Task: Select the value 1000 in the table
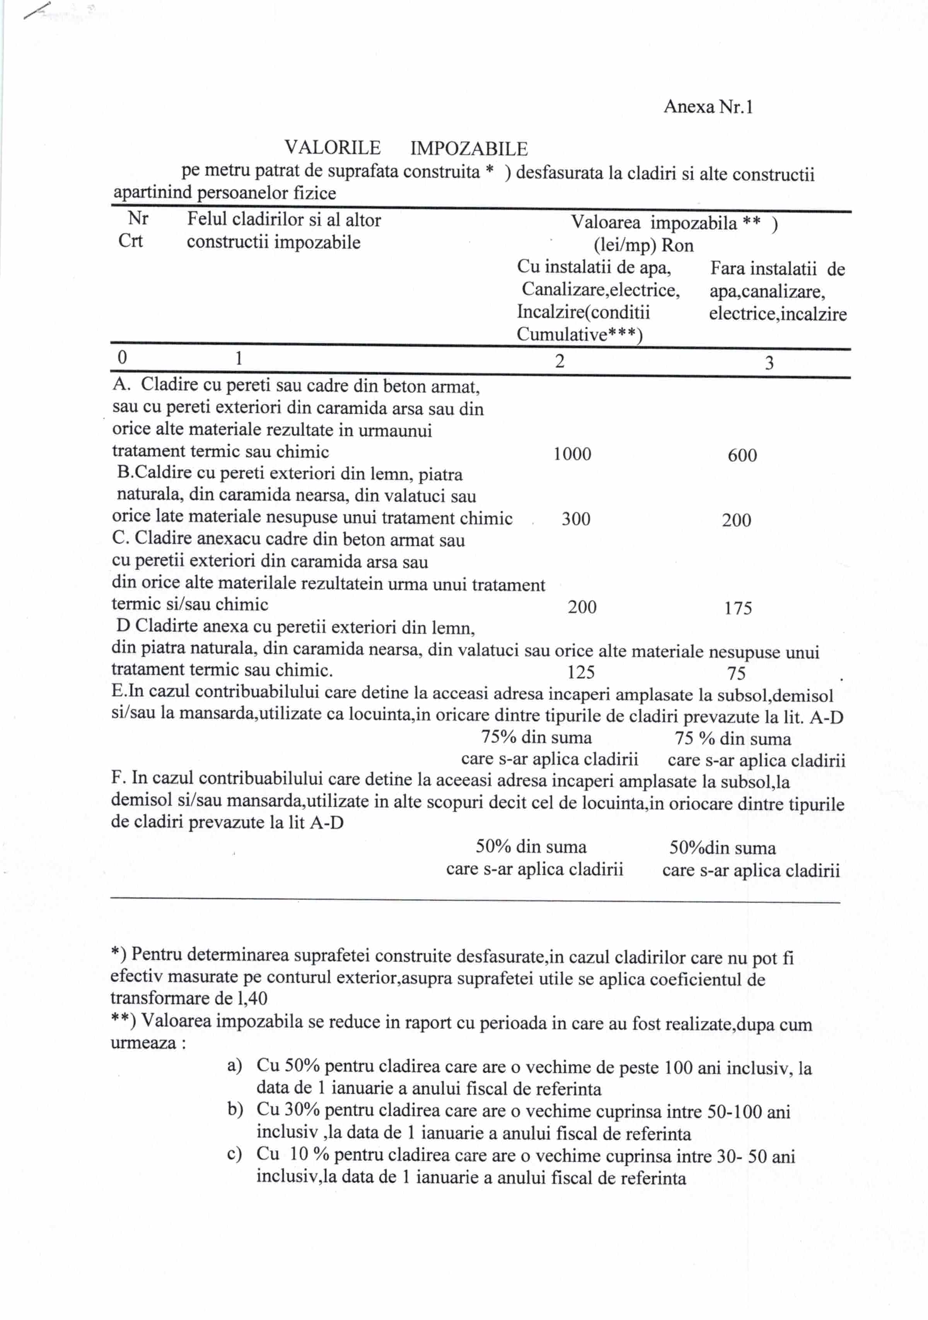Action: pyautogui.click(x=572, y=454)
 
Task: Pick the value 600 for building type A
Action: pyautogui.click(x=742, y=455)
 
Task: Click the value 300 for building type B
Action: pyautogui.click(x=575, y=519)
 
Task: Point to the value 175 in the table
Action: pyautogui.click(x=738, y=608)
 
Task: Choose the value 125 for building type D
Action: pyautogui.click(x=581, y=672)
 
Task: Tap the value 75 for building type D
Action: pyautogui.click(x=736, y=673)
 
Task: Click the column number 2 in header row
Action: pyautogui.click(x=560, y=361)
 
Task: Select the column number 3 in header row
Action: pyautogui.click(x=769, y=363)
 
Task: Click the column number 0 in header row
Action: pyautogui.click(x=122, y=358)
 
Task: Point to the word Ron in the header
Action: pyautogui.click(x=677, y=246)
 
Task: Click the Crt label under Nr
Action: pyautogui.click(x=131, y=241)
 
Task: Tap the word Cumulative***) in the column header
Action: pyautogui.click(x=579, y=334)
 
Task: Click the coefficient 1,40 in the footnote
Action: pyautogui.click(x=252, y=998)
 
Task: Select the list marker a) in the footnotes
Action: pyautogui.click(x=235, y=1066)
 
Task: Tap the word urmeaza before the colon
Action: pyautogui.click(x=143, y=1043)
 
